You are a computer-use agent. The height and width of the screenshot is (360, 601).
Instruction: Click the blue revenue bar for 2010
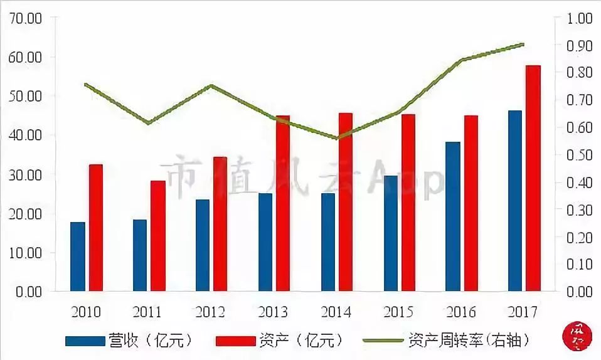pyautogui.click(x=78, y=257)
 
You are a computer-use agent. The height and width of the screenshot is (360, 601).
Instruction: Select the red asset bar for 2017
pyautogui.click(x=533, y=178)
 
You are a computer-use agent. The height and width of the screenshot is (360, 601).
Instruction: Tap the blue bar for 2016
pyautogui.click(x=452, y=216)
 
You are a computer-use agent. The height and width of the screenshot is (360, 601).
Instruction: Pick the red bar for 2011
pyautogui.click(x=158, y=236)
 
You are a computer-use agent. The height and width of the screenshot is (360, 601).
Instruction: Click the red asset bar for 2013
pyautogui.click(x=283, y=203)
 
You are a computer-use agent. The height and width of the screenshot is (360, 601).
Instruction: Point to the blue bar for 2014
pyautogui.click(x=327, y=242)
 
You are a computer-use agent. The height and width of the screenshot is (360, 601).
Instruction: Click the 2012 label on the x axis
pyautogui.click(x=211, y=312)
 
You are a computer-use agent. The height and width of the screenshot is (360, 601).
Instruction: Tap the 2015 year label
pyautogui.click(x=398, y=312)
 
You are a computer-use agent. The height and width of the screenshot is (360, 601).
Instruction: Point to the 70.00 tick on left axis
pyautogui.click(x=26, y=18)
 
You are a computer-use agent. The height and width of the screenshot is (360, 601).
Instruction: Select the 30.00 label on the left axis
pyautogui.click(x=26, y=174)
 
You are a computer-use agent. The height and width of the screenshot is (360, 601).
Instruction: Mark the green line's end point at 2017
pyautogui.click(x=523, y=45)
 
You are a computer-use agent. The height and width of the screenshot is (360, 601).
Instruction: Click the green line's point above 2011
pyautogui.click(x=149, y=123)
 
